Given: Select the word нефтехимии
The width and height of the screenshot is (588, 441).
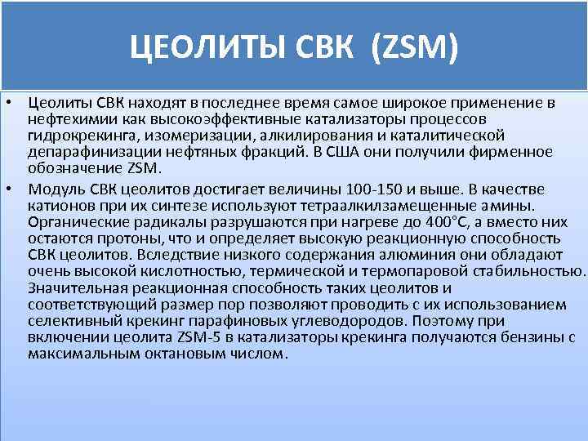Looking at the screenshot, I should (64, 118).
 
